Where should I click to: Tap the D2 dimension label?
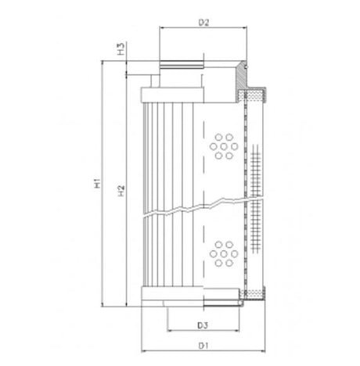202,23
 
